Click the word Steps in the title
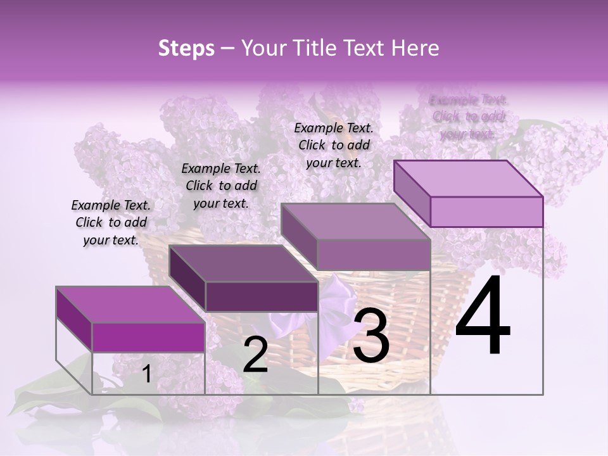click(x=186, y=48)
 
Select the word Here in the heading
click(x=415, y=48)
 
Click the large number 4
click(x=483, y=317)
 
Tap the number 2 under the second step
click(x=255, y=355)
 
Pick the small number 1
click(x=146, y=374)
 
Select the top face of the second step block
click(x=244, y=263)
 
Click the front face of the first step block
click(x=148, y=337)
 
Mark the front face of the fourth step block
click(x=486, y=212)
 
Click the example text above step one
click(x=111, y=223)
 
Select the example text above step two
click(x=221, y=186)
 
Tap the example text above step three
click(x=334, y=145)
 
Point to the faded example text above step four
click(x=468, y=117)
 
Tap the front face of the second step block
click(x=262, y=296)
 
